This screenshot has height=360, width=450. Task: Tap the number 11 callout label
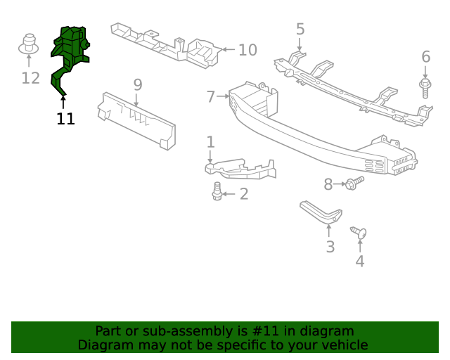65,119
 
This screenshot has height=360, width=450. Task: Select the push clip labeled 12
29,45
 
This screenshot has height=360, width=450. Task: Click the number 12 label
30,77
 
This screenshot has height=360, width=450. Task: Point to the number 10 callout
247,51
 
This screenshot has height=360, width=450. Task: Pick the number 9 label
138,85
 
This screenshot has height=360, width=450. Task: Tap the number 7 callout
211,96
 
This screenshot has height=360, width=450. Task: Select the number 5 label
300,30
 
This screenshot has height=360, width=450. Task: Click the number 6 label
425,57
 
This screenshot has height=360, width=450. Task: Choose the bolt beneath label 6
425,89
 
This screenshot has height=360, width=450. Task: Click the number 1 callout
210,143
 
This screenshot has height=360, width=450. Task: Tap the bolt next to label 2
218,191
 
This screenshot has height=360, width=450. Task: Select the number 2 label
243,194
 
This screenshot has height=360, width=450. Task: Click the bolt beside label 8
354,184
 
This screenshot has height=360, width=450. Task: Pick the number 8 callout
328,184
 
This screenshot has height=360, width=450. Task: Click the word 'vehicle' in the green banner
342,345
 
